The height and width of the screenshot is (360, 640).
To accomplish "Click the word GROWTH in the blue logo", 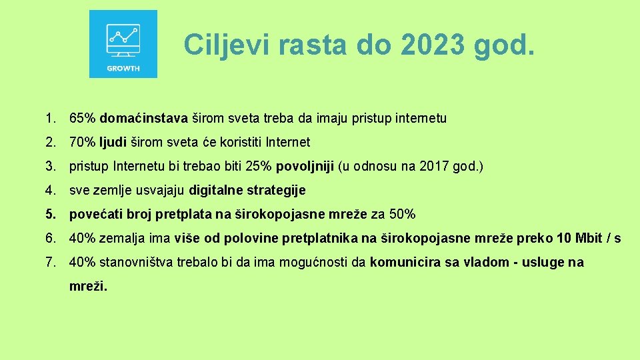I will point(123,69).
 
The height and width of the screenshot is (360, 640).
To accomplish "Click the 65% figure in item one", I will point(83,119).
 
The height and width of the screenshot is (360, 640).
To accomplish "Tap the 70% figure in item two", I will point(83,143).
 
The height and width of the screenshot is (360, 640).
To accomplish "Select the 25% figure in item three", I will point(261,167).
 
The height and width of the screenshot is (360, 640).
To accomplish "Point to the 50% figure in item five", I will point(403,215).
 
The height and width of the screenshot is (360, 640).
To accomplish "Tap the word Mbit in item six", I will point(587,239).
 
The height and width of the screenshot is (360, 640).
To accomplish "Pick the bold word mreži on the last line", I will point(88,287).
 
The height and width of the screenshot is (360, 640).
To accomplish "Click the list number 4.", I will point(51,191).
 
